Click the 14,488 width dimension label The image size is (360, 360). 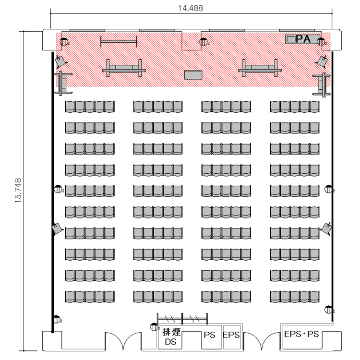point(191,8)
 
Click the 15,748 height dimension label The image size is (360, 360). point(18,191)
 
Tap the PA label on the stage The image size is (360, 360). point(303,39)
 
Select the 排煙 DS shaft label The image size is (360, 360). point(171,337)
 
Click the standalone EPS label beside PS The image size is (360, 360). point(231,335)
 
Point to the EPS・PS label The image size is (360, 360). point(301,334)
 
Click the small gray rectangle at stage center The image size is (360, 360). point(193,75)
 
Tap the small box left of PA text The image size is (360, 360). point(291,39)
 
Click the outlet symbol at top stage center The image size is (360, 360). point(203,42)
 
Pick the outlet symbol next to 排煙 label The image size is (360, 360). point(154,327)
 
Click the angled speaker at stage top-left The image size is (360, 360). point(60,61)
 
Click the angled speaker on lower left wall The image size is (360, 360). point(57,228)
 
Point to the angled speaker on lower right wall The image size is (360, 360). point(326,228)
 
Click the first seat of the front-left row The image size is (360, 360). point(70,107)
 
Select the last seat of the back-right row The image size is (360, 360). point(314,297)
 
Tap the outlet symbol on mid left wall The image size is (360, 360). point(58,189)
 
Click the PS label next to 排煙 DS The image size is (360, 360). point(210,335)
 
